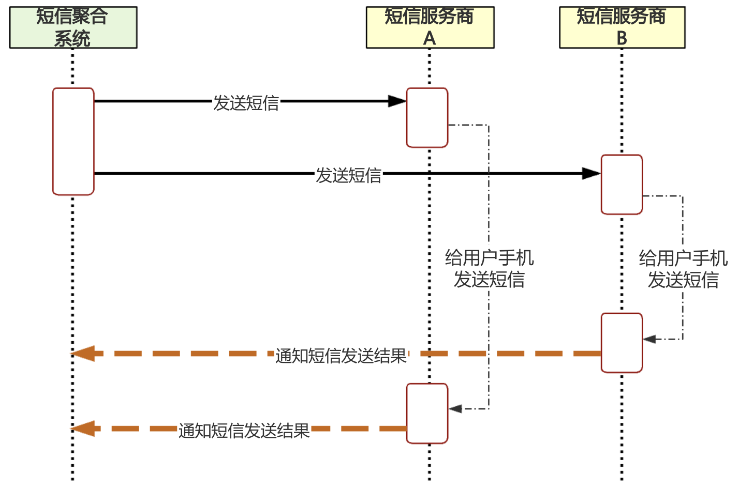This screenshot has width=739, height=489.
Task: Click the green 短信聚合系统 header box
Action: pyautogui.click(x=73, y=27)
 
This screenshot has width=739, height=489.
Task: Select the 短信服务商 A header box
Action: pyautogui.click(x=430, y=27)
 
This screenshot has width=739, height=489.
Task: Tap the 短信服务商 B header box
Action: pyautogui.click(x=622, y=27)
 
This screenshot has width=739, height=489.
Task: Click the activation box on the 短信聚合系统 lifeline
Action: pyautogui.click(x=73, y=141)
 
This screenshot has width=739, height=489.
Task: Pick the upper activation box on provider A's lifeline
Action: pyautogui.click(x=427, y=118)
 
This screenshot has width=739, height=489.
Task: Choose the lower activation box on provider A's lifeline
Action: pyautogui.click(x=427, y=413)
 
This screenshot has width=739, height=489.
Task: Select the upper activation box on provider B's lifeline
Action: pyautogui.click(x=622, y=185)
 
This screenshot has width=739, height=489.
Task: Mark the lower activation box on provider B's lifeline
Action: pyautogui.click(x=622, y=343)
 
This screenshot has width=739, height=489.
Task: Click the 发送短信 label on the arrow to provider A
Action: pyautogui.click(x=246, y=103)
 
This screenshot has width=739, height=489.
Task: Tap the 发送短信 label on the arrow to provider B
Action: pyautogui.click(x=349, y=175)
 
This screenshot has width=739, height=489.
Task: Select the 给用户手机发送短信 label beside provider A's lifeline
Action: pyautogui.click(x=489, y=269)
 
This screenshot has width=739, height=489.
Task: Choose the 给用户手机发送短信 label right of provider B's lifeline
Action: pyautogui.click(x=683, y=269)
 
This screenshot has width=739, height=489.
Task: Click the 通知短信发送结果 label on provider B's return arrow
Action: pyautogui.click(x=341, y=356)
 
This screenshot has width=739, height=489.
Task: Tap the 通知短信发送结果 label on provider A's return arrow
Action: pyautogui.click(x=244, y=430)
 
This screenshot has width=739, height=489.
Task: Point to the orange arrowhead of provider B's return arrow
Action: pyautogui.click(x=83, y=354)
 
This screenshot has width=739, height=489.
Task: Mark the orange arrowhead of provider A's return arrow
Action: pyautogui.click(x=83, y=429)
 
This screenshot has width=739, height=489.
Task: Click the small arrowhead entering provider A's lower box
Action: pyautogui.click(x=455, y=409)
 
